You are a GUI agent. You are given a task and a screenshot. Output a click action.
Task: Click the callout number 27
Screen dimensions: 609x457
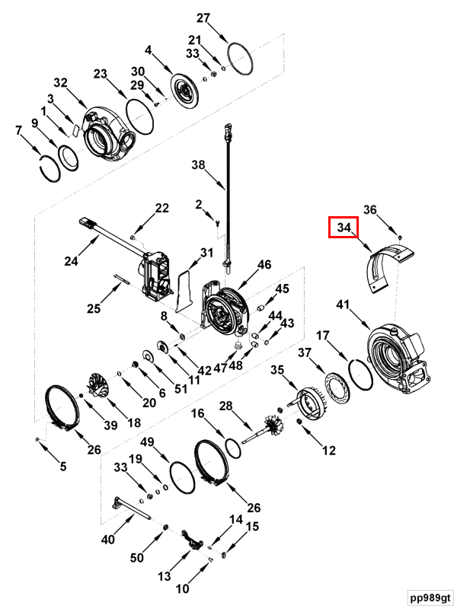pyautogui.click(x=203, y=18)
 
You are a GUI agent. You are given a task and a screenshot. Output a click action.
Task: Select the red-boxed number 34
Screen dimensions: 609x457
pyautogui.click(x=344, y=228)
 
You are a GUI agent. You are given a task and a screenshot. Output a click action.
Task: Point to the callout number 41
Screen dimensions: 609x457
pyautogui.click(x=344, y=305)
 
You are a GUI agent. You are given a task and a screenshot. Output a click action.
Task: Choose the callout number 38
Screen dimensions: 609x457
pyautogui.click(x=198, y=164)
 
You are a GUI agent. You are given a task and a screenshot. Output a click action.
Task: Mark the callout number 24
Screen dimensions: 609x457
pyautogui.click(x=71, y=261)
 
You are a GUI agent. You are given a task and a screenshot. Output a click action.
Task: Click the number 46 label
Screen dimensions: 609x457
pyautogui.click(x=264, y=265)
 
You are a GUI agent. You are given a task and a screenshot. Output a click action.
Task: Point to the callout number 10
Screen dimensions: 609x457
pyautogui.click(x=183, y=588)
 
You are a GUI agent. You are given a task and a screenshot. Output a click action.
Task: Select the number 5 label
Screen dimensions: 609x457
pyautogui.click(x=63, y=467)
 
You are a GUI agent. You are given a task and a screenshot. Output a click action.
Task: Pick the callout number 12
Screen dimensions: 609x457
pyautogui.click(x=328, y=451)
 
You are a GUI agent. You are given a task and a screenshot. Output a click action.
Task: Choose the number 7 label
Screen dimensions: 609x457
pyautogui.click(x=19, y=130)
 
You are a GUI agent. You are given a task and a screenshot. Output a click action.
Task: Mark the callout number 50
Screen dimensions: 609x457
pyautogui.click(x=136, y=558)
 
